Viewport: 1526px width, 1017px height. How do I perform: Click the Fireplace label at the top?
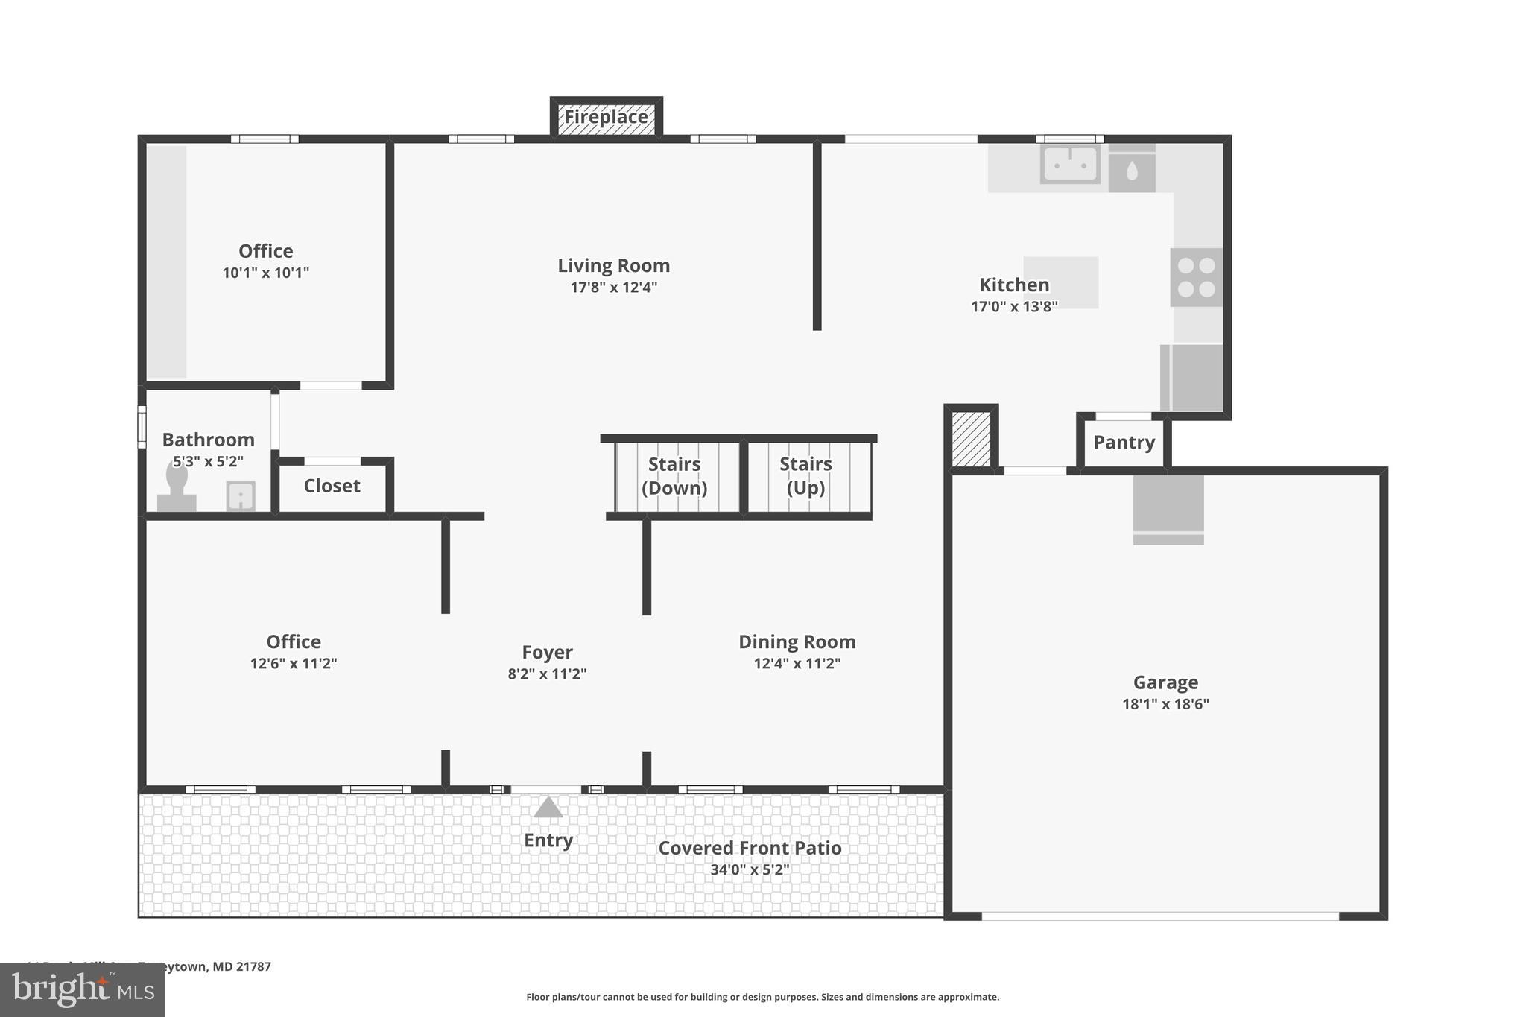point(606,117)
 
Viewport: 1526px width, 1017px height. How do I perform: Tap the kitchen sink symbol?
point(1070,164)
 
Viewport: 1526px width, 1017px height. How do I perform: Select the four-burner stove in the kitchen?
point(1196,277)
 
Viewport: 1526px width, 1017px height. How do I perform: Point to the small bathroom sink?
point(241,495)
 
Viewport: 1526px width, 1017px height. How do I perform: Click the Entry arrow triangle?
point(548,808)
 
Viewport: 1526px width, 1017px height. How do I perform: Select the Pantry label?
point(1124,443)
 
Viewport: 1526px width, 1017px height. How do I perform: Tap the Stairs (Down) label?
point(674,476)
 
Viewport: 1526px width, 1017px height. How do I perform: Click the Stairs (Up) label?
point(805,476)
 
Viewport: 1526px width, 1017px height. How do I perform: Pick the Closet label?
point(332,486)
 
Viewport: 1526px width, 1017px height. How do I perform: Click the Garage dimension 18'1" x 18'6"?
point(1165,704)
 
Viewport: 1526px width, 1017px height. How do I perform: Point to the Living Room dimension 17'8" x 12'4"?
point(613,288)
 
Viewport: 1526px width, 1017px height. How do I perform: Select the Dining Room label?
point(797,641)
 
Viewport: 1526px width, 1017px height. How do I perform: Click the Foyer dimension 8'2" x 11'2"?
point(547,674)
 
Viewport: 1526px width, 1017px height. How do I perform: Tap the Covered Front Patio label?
point(750,848)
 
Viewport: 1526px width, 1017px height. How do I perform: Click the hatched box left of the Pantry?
point(971,440)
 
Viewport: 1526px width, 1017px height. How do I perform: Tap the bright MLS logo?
point(82,989)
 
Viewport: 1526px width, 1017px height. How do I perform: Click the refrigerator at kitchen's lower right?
point(1192,378)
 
